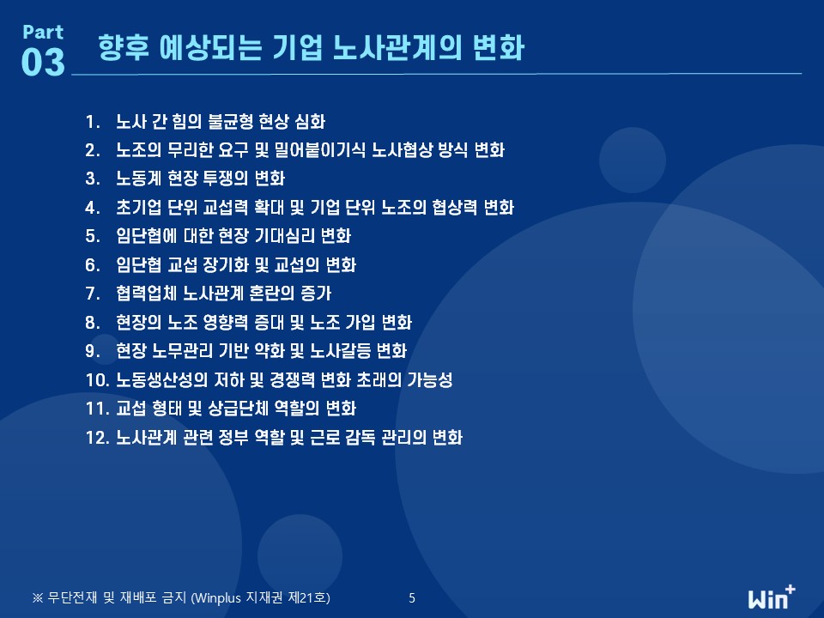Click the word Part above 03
(43, 32)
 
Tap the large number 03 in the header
(43, 62)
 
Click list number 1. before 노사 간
(93, 122)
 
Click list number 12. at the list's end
(97, 437)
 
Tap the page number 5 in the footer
(412, 598)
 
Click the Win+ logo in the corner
(772, 597)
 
